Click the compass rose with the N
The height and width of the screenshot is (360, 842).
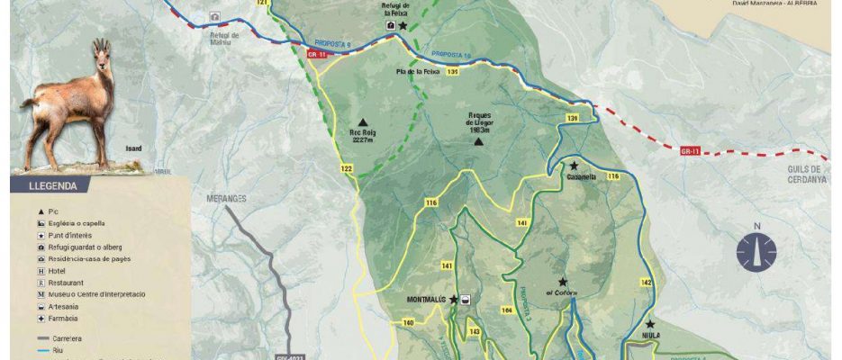(x=756, y=251)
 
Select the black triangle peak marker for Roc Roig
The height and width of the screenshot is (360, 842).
(x=363, y=122)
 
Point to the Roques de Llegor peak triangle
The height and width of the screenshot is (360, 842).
(x=479, y=141)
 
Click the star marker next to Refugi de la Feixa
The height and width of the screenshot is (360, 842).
(x=403, y=26)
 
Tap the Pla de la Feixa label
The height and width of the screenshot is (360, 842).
(x=417, y=71)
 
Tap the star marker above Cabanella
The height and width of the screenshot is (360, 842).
(x=573, y=166)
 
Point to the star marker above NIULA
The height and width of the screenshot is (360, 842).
(x=650, y=324)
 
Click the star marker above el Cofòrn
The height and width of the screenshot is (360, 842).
(x=563, y=282)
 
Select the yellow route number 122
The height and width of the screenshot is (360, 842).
(x=347, y=168)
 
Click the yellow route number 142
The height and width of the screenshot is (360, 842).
(x=645, y=283)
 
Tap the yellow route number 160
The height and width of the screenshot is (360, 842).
(x=408, y=322)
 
